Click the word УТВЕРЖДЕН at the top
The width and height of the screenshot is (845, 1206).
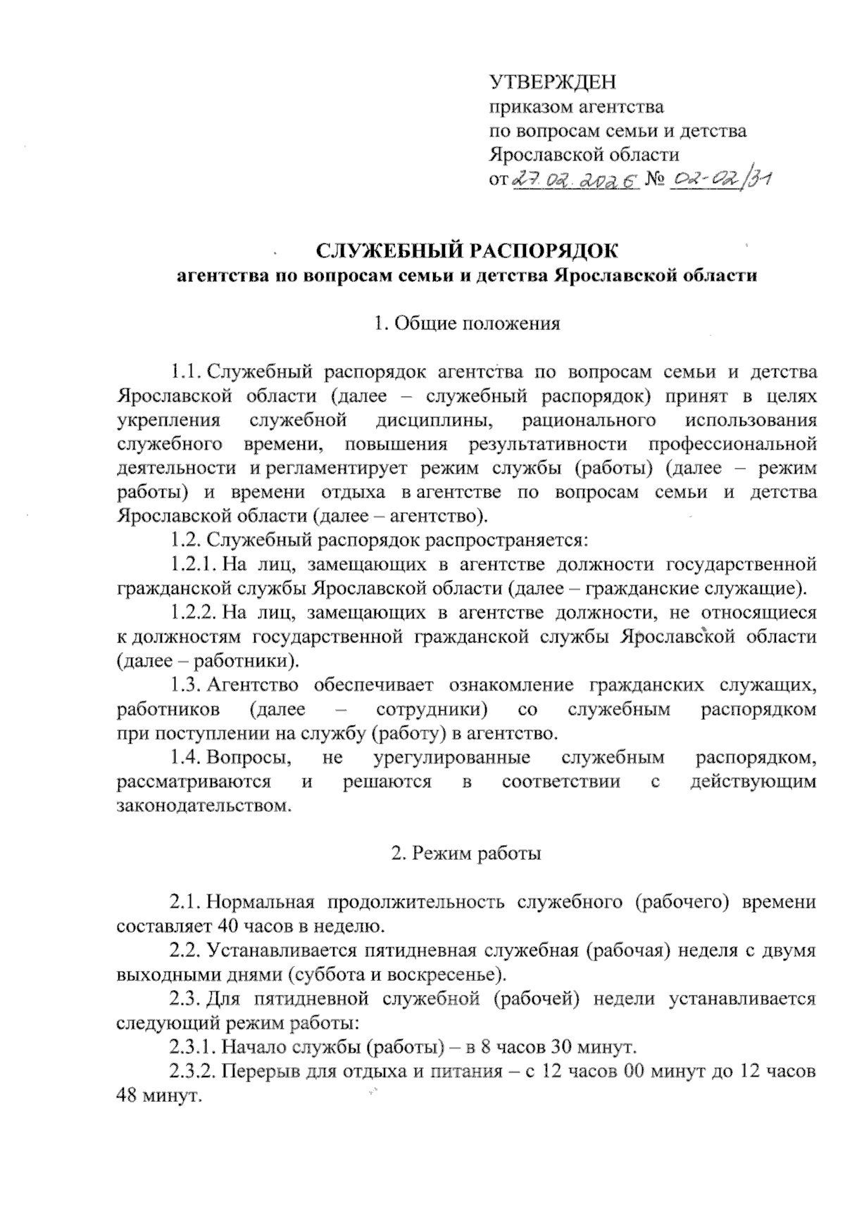click(552, 83)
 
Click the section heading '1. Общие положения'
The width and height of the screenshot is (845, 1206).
click(468, 324)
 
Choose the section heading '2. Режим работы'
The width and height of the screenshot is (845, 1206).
click(467, 854)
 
